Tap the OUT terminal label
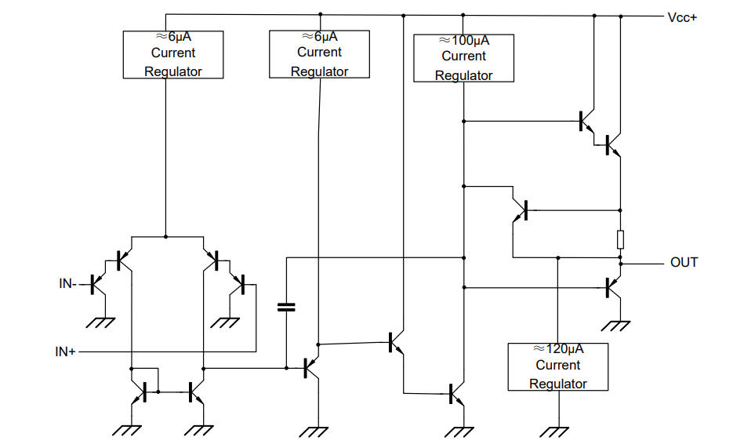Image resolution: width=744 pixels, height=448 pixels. click(x=684, y=262)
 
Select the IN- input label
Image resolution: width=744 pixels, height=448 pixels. click(x=67, y=283)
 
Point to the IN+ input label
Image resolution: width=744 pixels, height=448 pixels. click(x=65, y=352)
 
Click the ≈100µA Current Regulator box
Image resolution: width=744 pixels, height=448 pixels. click(x=464, y=57)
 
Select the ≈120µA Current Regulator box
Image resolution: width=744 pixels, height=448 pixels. click(x=558, y=366)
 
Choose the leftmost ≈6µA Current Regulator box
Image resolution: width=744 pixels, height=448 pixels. click(x=173, y=53)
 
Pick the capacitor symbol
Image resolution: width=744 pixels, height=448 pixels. click(x=287, y=307)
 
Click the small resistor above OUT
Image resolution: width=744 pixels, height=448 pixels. click(x=620, y=239)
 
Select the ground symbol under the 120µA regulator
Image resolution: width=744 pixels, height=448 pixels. click(x=557, y=429)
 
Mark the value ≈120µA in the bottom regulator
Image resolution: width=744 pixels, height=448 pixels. click(x=557, y=348)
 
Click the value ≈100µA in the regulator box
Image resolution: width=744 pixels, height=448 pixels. click(x=464, y=39)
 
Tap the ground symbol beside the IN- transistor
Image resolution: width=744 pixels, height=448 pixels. click(x=100, y=321)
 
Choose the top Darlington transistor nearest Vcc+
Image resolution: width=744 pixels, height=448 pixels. click(x=586, y=121)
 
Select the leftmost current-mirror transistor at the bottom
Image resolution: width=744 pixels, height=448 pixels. click(x=141, y=391)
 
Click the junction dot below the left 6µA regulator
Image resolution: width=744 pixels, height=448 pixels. click(x=165, y=235)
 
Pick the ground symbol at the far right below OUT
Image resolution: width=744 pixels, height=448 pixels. click(x=620, y=323)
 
